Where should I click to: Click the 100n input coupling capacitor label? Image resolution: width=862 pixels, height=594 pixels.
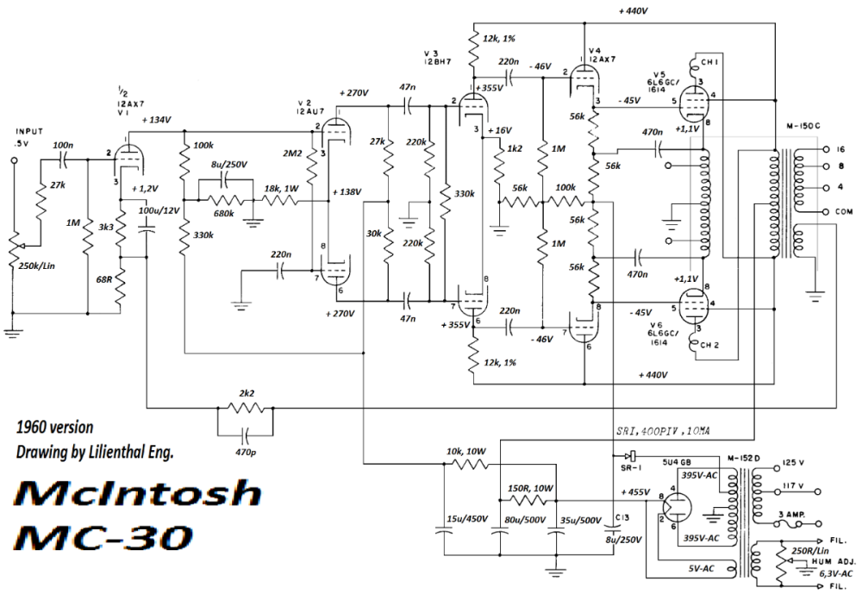point(62,145)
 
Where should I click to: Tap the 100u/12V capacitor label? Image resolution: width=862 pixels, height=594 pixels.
point(161,211)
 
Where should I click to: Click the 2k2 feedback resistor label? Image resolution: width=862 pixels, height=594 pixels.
point(246,394)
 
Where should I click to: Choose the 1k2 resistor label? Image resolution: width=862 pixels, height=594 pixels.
point(515,149)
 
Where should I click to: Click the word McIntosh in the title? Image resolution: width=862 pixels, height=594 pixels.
point(139,494)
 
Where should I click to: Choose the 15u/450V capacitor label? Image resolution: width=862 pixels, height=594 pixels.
point(465,519)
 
